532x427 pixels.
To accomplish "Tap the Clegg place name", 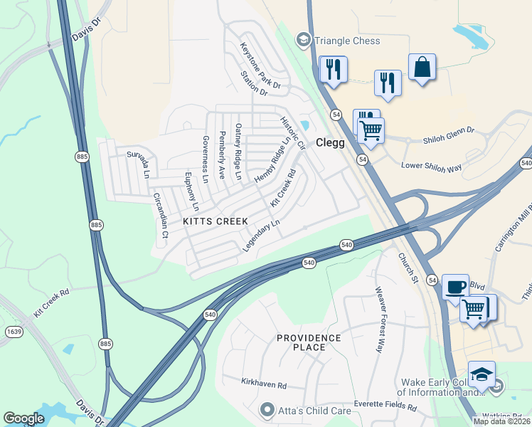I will tap(330, 142).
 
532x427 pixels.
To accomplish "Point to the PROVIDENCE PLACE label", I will tap(310, 342).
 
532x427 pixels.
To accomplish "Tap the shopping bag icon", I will tap(422, 68).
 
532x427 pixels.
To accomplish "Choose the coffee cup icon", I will tap(455, 288).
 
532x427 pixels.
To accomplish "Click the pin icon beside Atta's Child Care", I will tap(267, 409).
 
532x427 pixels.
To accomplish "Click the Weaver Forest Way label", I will tap(384, 320).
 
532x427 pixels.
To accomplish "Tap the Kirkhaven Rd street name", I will tap(263, 385).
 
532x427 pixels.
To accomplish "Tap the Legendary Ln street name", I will tap(262, 236).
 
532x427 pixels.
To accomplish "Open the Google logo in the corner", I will tap(23, 418).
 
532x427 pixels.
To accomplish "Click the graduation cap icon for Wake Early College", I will tap(482, 374).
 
